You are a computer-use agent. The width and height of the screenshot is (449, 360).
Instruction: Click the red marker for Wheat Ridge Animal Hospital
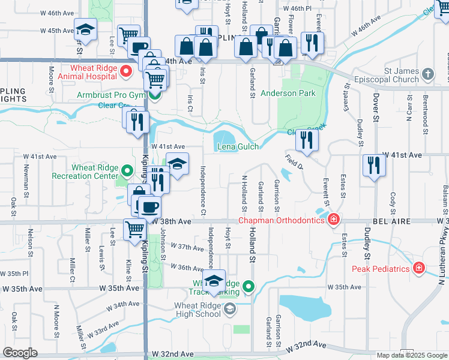[126, 73]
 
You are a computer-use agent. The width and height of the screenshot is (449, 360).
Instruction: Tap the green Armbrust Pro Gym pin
[155, 95]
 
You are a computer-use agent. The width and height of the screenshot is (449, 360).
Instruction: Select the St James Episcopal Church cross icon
[427, 75]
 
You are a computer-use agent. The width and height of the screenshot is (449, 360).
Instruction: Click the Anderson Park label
[288, 94]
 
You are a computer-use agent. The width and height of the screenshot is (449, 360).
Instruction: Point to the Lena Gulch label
[238, 147]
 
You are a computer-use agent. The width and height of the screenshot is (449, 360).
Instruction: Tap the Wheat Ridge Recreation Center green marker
[126, 172]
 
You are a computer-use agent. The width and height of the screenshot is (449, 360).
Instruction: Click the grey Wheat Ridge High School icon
[229, 309]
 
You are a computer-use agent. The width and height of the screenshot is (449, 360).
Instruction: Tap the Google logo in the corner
[20, 353]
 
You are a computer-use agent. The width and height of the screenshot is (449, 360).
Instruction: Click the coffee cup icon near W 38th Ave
[149, 206]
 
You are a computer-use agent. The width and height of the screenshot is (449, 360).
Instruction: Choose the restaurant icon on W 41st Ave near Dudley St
[374, 164]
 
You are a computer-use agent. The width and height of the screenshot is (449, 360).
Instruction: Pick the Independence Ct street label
[203, 191]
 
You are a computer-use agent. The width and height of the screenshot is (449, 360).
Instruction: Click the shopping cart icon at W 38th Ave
[135, 229]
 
